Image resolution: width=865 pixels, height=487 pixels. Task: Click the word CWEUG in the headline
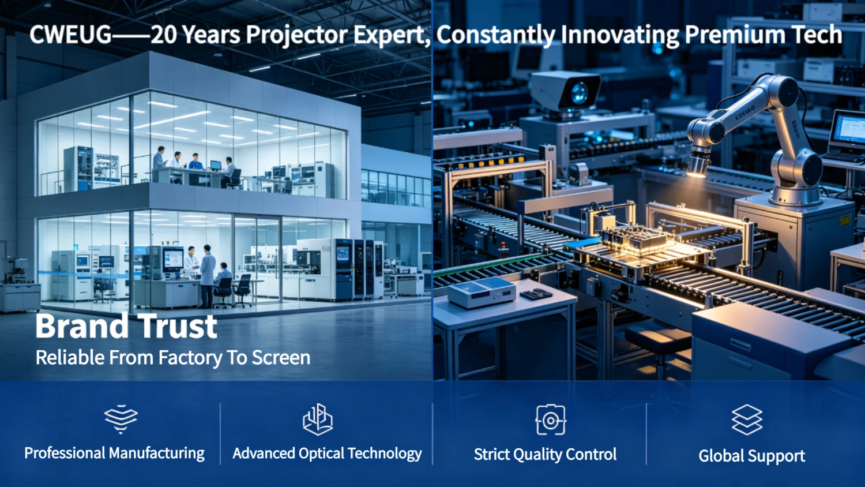[x=71, y=35]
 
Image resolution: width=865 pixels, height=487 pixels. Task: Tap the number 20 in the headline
[x=164, y=35]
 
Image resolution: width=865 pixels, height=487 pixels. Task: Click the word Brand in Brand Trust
[x=82, y=326]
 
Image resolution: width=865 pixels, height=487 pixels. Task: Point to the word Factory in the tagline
[x=190, y=358]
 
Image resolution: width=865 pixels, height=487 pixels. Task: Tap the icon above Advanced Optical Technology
[x=318, y=419]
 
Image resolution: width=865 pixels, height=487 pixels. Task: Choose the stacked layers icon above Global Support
[x=747, y=419]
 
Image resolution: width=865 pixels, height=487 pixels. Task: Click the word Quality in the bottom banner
[x=544, y=455]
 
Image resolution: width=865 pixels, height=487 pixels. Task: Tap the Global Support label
[x=752, y=456]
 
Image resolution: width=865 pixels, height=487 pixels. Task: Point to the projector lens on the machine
[x=579, y=93]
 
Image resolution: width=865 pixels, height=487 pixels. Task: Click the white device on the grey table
[x=481, y=292]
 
